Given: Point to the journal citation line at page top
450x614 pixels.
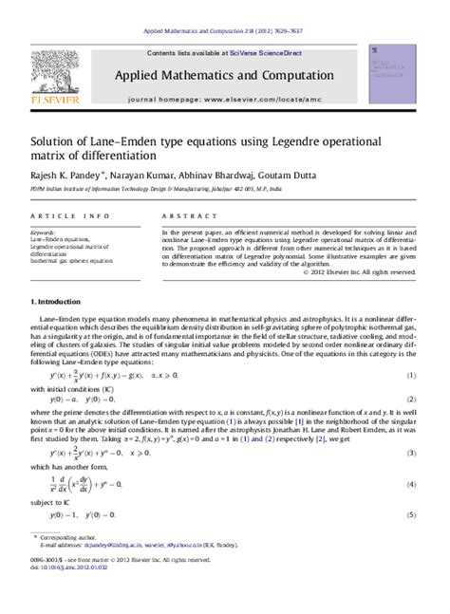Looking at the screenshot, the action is point(225,31).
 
